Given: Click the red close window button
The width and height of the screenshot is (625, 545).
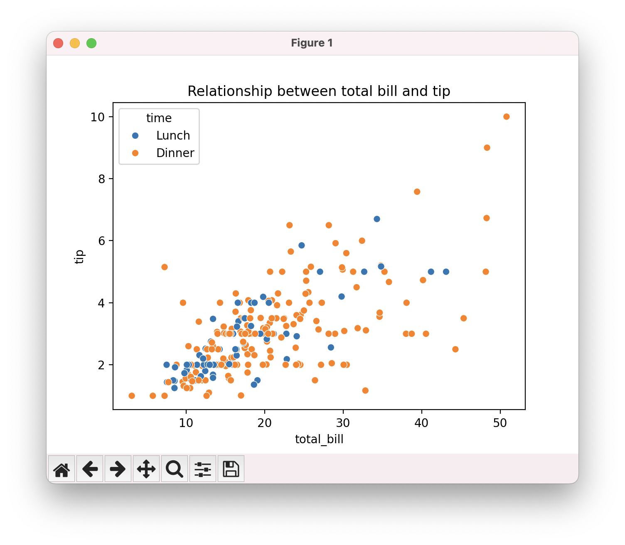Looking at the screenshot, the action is tap(58, 43).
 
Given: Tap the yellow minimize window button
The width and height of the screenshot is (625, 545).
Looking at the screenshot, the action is tap(75, 43).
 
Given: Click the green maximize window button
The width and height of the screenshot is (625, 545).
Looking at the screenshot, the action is tap(91, 43).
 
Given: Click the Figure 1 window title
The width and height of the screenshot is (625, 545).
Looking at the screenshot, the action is tap(312, 43).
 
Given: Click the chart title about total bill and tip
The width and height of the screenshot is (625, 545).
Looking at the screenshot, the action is tap(319, 91).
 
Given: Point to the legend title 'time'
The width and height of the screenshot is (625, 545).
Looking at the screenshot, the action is tap(159, 118).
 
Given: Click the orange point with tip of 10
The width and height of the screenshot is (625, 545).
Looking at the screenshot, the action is tap(506, 117).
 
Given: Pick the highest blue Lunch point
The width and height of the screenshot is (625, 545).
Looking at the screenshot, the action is tap(376, 219).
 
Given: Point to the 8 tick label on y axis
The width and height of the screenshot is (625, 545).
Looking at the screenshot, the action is tap(101, 179).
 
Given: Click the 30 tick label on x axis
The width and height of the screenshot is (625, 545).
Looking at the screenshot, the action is tap(343, 423).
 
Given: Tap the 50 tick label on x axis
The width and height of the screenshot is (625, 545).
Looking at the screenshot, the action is tap(500, 423).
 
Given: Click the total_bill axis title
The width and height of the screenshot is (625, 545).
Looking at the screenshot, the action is tap(319, 439).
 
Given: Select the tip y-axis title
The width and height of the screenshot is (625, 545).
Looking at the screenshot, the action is tap(79, 256).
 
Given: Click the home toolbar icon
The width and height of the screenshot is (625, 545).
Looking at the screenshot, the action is tap(62, 469).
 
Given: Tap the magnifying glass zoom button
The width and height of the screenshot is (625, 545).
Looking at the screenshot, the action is tap(175, 469).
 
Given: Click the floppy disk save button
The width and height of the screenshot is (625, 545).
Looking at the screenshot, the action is tap(231, 469).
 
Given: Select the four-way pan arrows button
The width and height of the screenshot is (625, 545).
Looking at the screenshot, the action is tap(146, 469).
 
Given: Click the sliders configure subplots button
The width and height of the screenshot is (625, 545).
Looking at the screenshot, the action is tap(203, 469).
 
